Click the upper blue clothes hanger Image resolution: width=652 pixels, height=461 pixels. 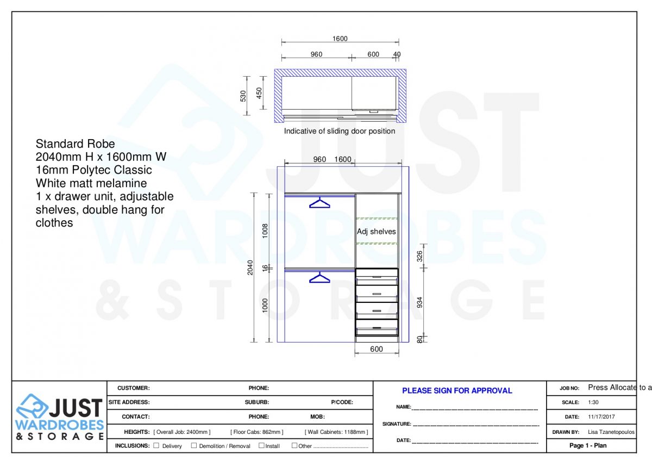tap(319, 203)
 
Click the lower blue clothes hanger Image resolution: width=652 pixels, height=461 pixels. tap(319, 278)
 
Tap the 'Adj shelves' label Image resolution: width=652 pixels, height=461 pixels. tap(376, 232)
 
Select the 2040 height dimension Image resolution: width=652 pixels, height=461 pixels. tap(250, 267)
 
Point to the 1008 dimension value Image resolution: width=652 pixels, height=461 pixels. tap(265, 231)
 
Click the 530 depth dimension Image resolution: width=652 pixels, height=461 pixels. tap(243, 96)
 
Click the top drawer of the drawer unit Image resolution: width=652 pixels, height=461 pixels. tap(377, 277)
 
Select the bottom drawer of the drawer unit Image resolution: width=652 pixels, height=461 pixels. tap(377, 328)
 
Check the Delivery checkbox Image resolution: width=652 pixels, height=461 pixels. tap(156, 446)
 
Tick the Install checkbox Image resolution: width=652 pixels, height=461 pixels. tap(261, 446)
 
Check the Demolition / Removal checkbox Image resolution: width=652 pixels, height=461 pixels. tap(194, 446)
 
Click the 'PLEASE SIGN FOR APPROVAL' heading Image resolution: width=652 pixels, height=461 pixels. tap(457, 390)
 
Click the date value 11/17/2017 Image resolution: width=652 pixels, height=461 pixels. tap(601, 417)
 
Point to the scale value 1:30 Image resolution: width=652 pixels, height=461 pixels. tap(594, 403)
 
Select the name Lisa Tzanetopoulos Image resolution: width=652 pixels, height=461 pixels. tap(611, 432)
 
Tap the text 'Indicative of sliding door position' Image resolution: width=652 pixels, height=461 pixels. tap(340, 131)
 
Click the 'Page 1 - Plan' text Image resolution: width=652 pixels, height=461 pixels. tap(588, 446)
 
